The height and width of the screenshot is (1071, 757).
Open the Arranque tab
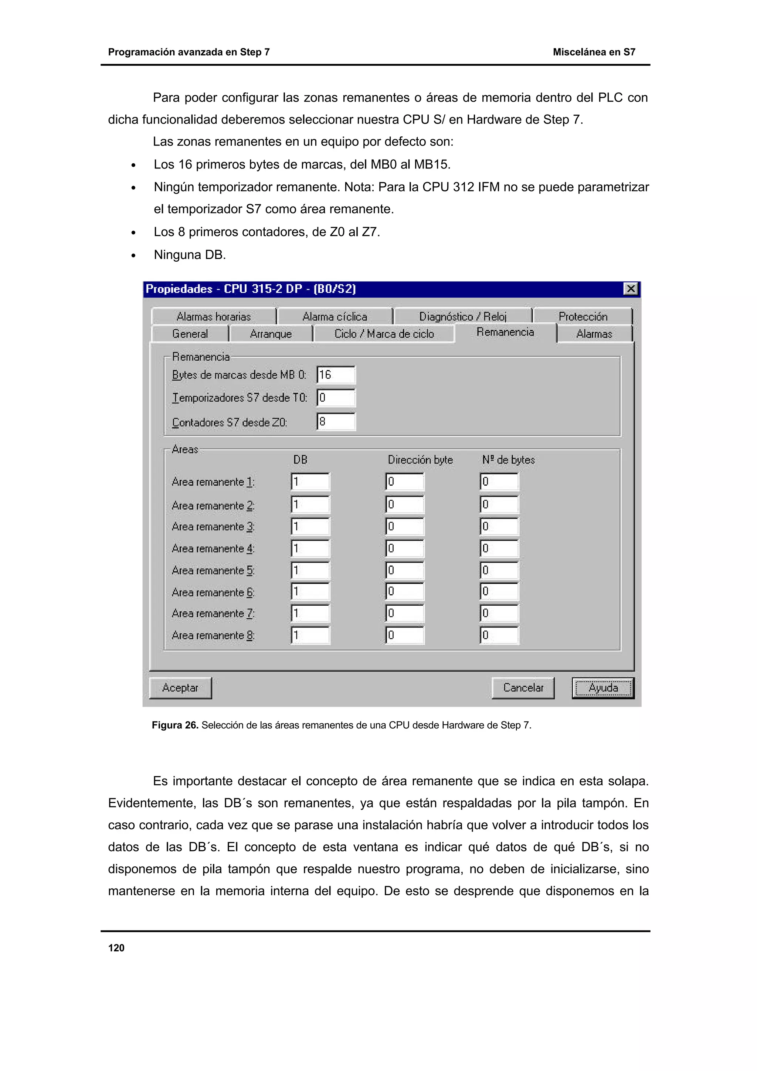coord(271,334)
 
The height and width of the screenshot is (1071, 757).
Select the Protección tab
coord(583,317)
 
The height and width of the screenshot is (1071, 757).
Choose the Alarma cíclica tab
coord(335,317)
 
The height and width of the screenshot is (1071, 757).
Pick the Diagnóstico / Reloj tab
coord(463,317)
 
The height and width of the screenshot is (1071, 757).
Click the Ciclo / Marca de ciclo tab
coord(384,334)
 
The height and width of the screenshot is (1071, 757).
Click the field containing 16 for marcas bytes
coord(336,375)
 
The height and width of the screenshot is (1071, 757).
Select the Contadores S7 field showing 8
coord(336,422)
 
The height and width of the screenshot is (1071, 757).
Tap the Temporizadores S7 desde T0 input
coord(336,398)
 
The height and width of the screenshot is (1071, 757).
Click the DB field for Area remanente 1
coord(310,482)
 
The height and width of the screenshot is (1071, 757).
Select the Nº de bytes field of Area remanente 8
coord(499,635)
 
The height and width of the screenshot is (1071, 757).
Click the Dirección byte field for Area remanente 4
coord(405,548)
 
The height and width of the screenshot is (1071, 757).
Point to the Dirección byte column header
coord(420,460)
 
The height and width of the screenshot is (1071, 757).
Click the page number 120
coord(116,948)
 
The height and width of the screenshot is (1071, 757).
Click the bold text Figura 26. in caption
coord(175,725)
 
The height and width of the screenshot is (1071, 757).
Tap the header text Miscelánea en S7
coord(594,52)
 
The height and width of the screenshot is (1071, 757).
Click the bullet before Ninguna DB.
coord(133,256)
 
